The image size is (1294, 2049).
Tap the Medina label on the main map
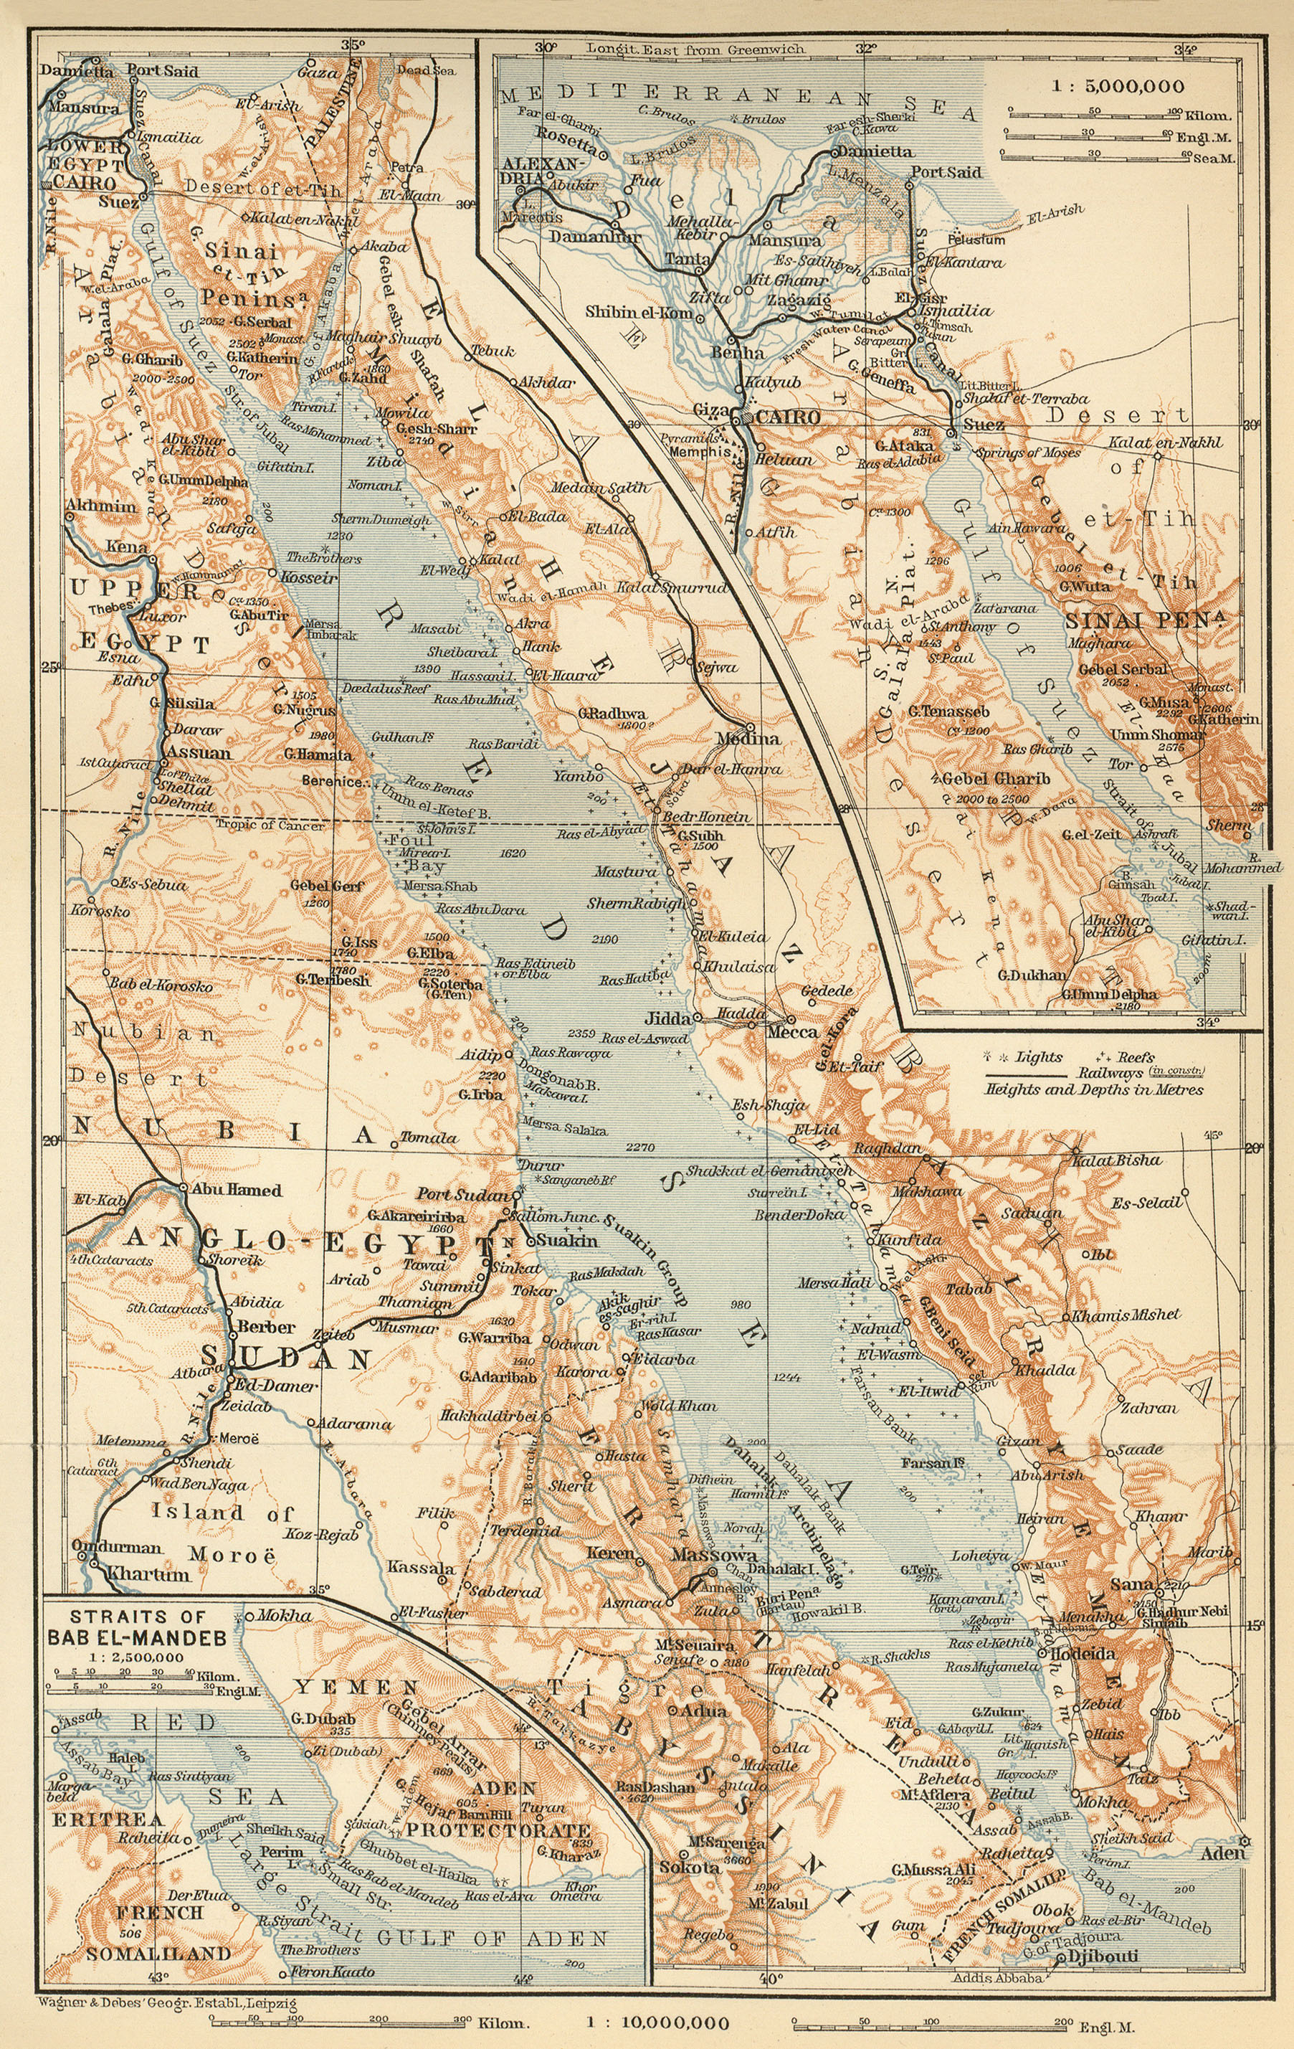click(748, 738)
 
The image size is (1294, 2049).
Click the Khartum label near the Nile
click(148, 1574)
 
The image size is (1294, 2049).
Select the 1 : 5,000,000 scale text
click(1117, 86)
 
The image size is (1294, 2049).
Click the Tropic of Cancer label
click(270, 825)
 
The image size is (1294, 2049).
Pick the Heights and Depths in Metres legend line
click(1093, 1090)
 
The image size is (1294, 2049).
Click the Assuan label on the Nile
click(199, 753)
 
